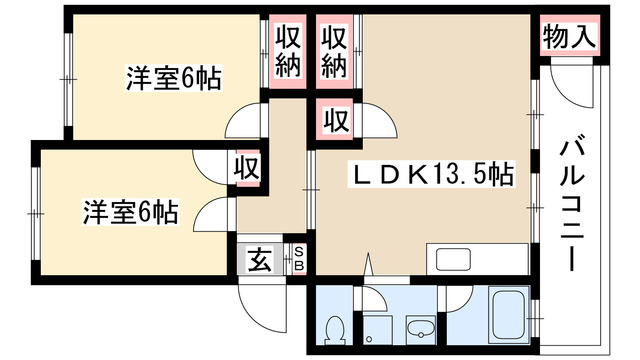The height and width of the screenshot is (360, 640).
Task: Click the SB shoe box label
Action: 297,260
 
